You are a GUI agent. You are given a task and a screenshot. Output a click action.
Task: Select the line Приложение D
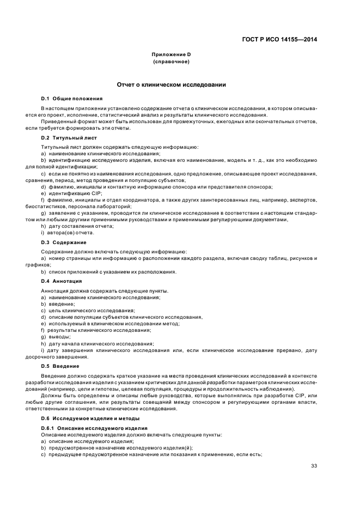(171, 55)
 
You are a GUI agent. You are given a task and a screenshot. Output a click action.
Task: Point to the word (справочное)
(171, 62)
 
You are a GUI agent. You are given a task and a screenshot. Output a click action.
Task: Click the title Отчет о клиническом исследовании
(171, 85)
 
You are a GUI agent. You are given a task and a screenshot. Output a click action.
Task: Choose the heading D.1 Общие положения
(72, 99)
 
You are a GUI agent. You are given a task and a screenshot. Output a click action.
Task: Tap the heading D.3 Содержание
(64, 242)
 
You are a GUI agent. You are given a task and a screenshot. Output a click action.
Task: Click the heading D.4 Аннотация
(62, 281)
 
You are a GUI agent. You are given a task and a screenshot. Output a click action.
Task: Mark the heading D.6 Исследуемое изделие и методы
(90, 418)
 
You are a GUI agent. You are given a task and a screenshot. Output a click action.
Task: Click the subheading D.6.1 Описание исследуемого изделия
(94, 429)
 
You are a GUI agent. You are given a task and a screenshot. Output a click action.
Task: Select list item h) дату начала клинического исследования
(97, 343)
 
